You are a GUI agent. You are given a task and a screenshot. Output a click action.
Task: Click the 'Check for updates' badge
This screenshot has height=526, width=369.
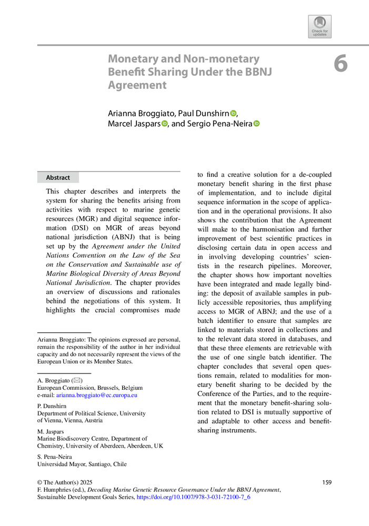[320, 26]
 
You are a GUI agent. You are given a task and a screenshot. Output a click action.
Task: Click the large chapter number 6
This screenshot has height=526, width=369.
[341, 64]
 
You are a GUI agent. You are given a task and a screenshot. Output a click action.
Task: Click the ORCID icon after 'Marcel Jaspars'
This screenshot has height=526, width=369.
[164, 124]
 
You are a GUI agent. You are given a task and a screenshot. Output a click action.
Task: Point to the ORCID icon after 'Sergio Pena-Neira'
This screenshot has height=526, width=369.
[257, 124]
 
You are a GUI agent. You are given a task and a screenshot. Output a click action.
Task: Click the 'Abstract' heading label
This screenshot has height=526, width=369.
[58, 178]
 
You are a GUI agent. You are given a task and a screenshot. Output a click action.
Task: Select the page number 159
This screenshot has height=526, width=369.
[326, 482]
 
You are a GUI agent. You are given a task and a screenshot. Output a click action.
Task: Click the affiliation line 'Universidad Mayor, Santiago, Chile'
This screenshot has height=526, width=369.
[82, 464]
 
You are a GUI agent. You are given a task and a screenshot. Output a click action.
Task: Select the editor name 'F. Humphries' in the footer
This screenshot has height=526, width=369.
[56, 489]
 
